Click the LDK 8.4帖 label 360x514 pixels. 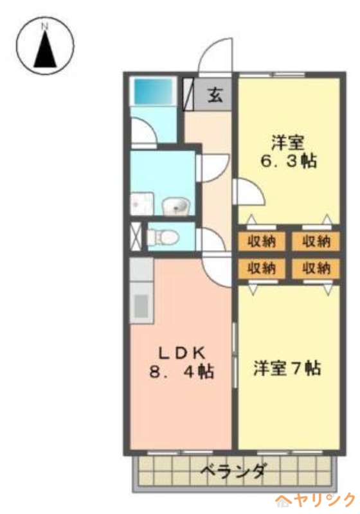coord(183,362)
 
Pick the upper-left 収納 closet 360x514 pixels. coord(256,242)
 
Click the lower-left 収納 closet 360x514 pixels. coord(256,267)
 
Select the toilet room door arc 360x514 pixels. coord(213,239)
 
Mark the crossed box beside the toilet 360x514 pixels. coord(136,236)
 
